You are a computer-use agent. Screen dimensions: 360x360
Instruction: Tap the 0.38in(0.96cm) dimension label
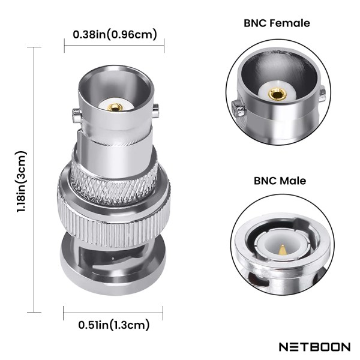115,34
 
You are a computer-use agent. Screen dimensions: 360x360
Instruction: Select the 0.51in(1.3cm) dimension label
113,325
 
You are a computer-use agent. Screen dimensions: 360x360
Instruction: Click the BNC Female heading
277,23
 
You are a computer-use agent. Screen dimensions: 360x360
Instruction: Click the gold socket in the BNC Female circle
277,94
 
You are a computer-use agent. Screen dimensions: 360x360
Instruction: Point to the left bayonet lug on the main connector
76,112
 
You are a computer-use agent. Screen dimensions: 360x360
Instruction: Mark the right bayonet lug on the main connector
156,110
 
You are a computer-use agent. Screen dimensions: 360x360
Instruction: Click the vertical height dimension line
35,180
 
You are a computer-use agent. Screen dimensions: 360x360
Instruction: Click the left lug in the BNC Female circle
238,108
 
